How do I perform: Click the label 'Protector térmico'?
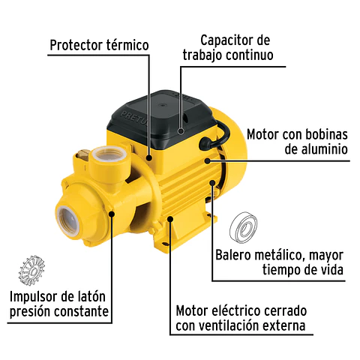99,45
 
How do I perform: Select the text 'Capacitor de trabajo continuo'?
226,47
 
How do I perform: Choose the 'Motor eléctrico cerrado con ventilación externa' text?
240,318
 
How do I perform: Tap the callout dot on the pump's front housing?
112,214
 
